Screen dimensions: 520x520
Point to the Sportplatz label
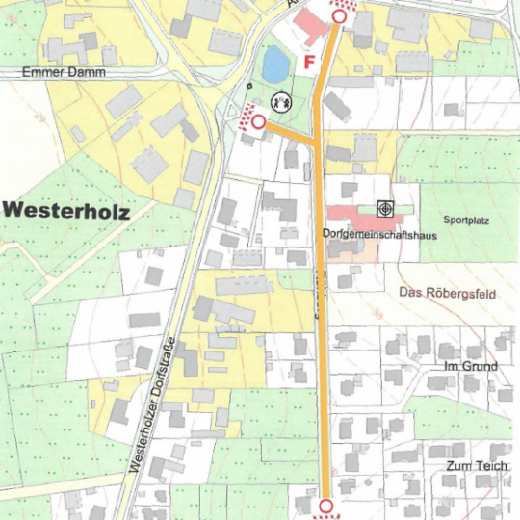(467, 221)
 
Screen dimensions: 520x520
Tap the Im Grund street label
(469, 367)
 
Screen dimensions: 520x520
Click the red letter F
(309, 63)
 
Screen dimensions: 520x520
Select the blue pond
(274, 65)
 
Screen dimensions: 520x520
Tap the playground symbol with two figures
(281, 99)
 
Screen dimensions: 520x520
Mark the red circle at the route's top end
(338, 16)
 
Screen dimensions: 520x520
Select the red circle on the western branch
(258, 121)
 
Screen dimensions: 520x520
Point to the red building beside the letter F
(310, 27)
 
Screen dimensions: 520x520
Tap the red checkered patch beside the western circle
(248, 114)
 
